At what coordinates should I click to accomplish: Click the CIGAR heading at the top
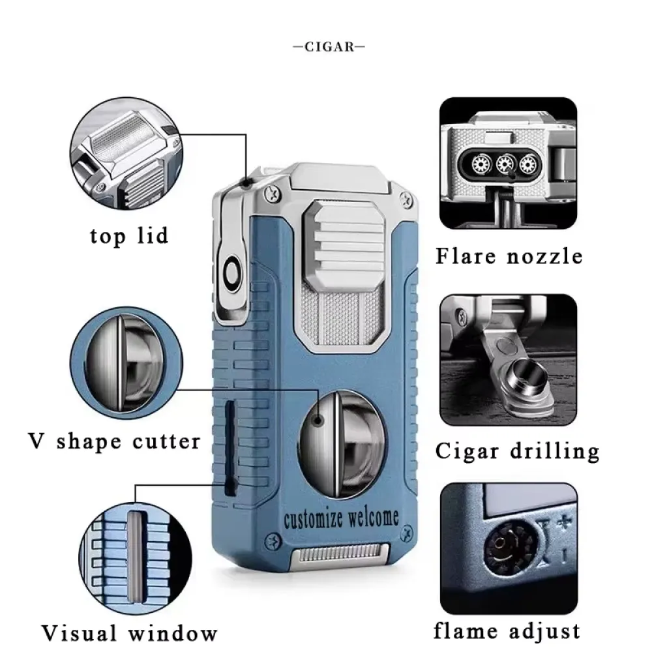point(329,46)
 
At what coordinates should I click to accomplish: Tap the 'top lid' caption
point(129,236)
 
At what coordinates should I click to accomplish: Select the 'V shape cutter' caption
point(114,441)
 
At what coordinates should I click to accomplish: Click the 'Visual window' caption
point(129,633)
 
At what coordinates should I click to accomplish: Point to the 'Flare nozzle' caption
point(509,256)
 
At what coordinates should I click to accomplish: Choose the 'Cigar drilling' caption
point(518,451)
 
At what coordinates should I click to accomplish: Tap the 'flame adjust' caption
point(507,630)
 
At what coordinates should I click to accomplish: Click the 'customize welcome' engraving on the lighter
point(342,519)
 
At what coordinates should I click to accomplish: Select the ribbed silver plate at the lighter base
point(342,554)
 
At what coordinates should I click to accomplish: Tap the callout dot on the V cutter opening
point(319,421)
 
